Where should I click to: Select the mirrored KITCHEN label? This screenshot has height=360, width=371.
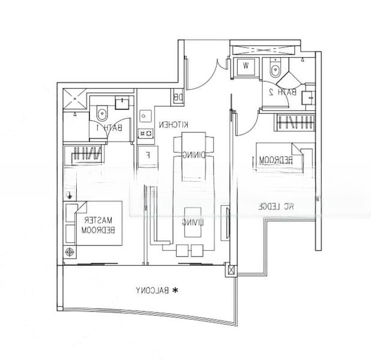pyautogui.click(x=174, y=124)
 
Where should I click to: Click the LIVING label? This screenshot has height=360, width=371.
pyautogui.click(x=192, y=223)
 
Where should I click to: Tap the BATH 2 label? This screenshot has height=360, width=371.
pyautogui.click(x=283, y=92)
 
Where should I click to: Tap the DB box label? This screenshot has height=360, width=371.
pyautogui.click(x=178, y=97)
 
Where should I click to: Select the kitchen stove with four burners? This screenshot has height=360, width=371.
pyautogui.click(x=145, y=133)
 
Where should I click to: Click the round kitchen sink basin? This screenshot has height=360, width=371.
pyautogui.click(x=144, y=113)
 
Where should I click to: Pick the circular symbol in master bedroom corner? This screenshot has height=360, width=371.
pyautogui.click(x=71, y=253)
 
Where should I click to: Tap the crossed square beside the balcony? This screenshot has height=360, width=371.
pyautogui.click(x=229, y=270)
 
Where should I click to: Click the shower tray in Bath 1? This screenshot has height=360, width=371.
pyautogui.click(x=75, y=100)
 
